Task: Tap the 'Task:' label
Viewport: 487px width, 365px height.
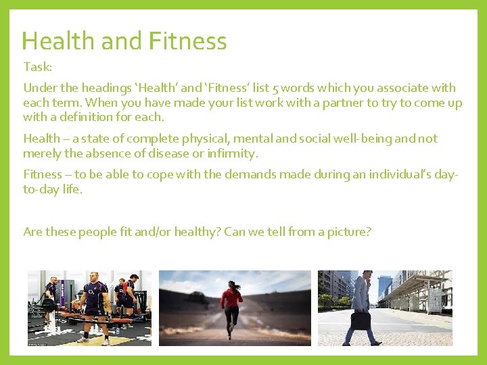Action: click(37, 67)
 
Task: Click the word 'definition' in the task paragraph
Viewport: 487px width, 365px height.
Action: click(93, 116)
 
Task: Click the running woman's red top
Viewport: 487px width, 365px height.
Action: click(231, 297)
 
